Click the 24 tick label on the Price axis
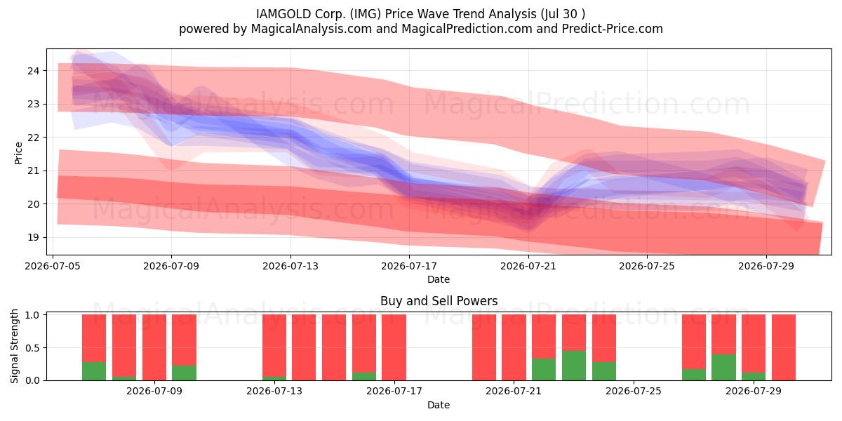tap(33, 71)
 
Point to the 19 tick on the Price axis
tap(33, 238)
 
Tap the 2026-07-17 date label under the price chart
tap(409, 266)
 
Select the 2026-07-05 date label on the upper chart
tap(53, 266)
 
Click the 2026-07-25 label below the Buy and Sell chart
tap(634, 391)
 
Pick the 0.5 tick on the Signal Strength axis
tap(33, 348)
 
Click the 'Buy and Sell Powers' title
tap(439, 301)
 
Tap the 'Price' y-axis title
tap(18, 153)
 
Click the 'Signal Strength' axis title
tap(14, 346)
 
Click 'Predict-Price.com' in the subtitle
tap(613, 29)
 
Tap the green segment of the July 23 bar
tap(574, 366)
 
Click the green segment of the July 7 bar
tap(94, 371)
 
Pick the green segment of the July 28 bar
tap(723, 367)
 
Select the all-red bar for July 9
tap(154, 347)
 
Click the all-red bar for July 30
tap(783, 347)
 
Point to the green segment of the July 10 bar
tap(184, 373)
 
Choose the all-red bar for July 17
tap(394, 347)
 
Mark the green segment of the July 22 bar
tap(544, 370)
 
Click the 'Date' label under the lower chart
tap(439, 405)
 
